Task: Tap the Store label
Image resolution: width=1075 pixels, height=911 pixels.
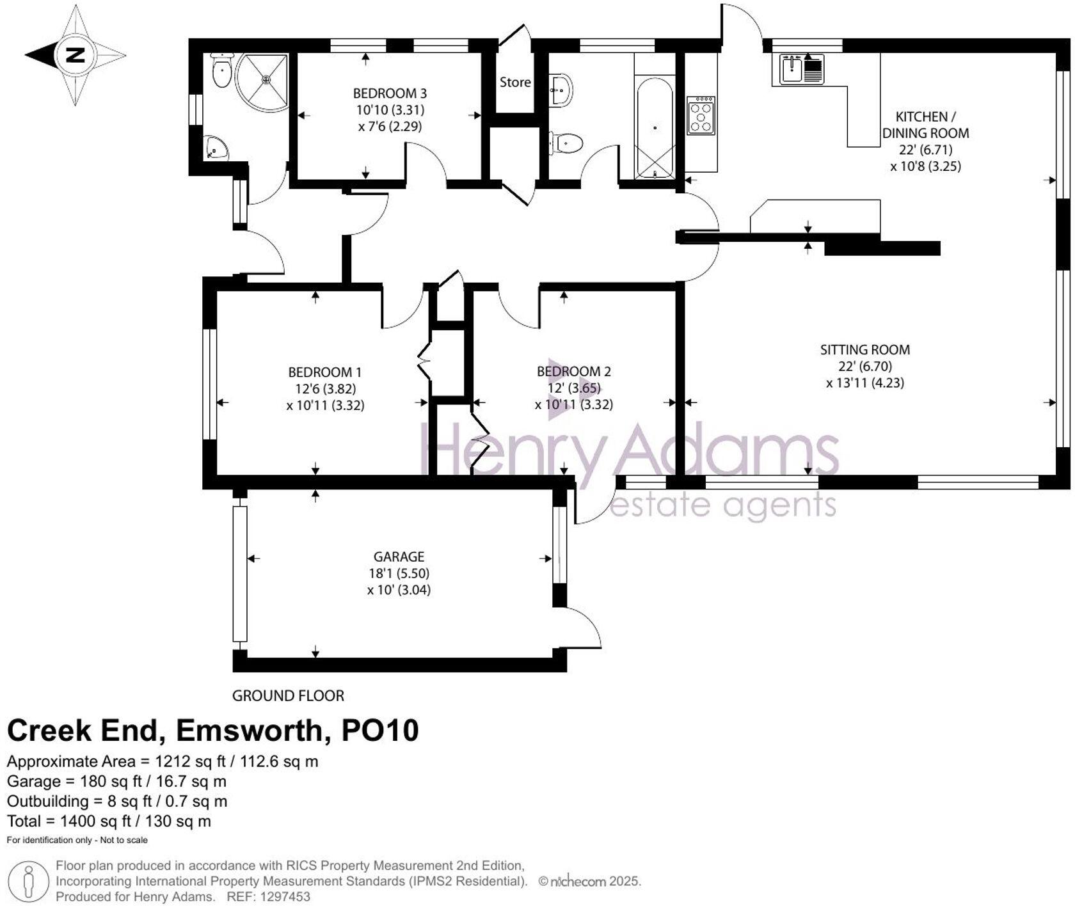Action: [515, 82]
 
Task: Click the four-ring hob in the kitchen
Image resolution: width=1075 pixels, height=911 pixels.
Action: [701, 115]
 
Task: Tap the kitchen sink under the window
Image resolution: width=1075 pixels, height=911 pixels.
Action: [802, 68]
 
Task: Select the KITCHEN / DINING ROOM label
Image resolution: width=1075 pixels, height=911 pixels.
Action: [925, 125]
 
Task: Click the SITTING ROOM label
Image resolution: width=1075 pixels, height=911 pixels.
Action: [865, 350]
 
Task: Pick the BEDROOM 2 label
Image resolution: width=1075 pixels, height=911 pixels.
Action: [573, 371]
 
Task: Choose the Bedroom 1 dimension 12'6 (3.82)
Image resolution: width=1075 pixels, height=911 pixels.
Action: [325, 388]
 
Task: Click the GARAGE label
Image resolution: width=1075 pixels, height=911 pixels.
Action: [399, 557]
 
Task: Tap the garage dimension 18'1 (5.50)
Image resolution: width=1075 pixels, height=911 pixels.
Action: [399, 573]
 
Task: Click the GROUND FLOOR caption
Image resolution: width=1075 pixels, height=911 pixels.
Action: [288, 695]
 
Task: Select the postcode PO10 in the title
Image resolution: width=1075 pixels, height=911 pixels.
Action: [380, 731]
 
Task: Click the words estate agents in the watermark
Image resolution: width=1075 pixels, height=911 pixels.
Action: [723, 505]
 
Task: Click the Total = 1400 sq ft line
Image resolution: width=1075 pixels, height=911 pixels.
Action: [109, 821]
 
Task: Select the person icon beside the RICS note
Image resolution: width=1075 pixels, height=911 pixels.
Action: [28, 882]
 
